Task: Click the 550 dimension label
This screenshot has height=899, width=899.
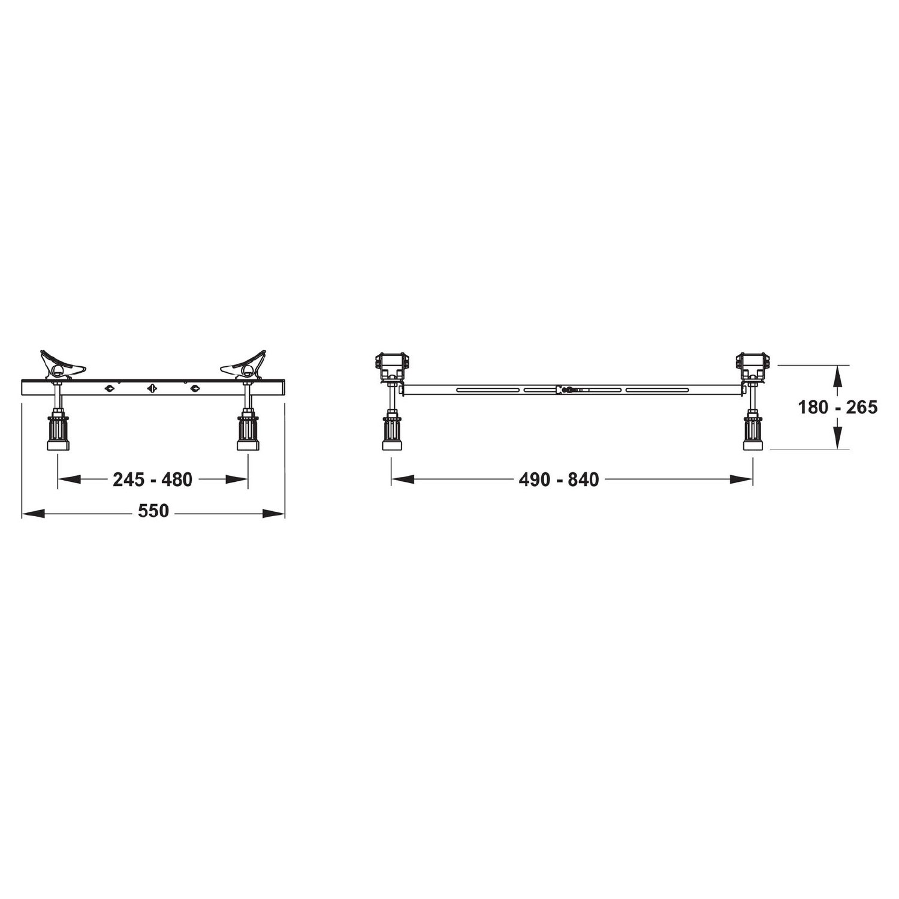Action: [x=153, y=511]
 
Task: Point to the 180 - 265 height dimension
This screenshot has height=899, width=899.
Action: [x=837, y=408]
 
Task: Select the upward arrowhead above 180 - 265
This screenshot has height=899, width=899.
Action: [x=838, y=378]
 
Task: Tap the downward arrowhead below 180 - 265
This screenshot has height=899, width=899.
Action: [x=838, y=436]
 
